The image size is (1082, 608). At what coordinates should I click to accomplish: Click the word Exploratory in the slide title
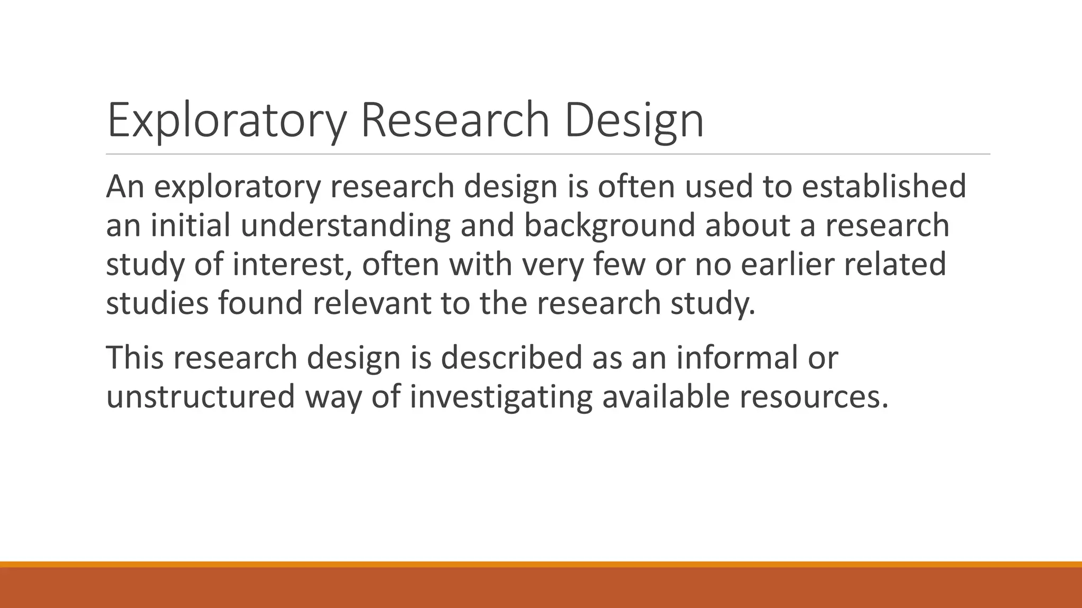click(227, 121)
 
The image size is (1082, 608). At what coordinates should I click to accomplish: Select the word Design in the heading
click(634, 121)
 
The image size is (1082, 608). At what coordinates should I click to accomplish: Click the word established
click(884, 186)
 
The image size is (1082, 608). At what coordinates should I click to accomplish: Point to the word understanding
click(346, 225)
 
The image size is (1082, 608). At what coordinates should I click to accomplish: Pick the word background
click(609, 225)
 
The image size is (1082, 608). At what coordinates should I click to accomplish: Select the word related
click(894, 264)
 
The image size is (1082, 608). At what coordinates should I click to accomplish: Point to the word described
click(511, 357)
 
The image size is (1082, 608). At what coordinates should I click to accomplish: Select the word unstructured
click(200, 396)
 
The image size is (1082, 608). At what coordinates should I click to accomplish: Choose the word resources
click(814, 396)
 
